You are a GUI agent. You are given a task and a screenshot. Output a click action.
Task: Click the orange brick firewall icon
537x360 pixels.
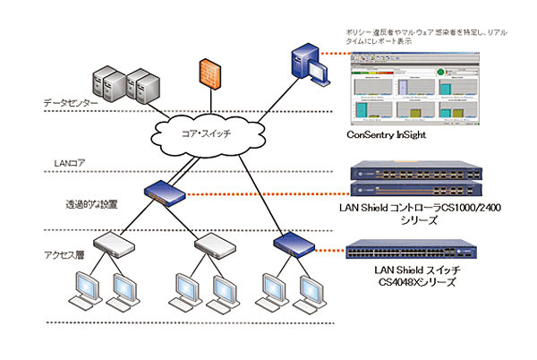point(209,73)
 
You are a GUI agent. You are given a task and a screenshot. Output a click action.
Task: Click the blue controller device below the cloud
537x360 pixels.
point(166,191)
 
